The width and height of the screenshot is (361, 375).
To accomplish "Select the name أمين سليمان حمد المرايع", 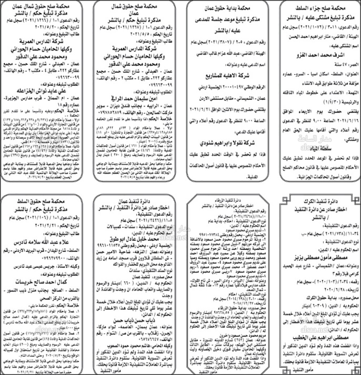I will click(x=135, y=98).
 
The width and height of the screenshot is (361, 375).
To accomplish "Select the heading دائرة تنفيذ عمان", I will click(x=135, y=201).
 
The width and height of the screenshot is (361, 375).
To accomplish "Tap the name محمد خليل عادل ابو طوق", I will click(x=135, y=239).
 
